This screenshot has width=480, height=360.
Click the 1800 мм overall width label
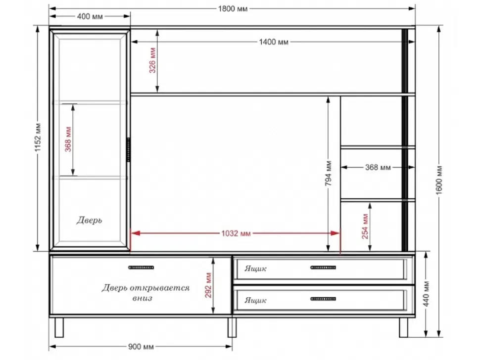pos(233,8)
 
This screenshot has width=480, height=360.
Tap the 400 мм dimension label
pos(90,16)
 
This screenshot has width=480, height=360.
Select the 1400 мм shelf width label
pos(274,42)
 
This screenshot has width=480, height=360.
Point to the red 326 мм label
pos(152,60)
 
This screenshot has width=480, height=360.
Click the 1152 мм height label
pos(38,137)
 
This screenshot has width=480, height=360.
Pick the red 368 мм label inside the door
pos(68,139)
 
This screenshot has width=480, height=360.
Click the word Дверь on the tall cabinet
pos(89,220)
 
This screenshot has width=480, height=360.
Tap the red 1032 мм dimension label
pos(236,233)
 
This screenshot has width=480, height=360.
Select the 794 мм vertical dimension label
pos(328,174)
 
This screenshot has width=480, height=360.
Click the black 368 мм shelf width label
pos(378,167)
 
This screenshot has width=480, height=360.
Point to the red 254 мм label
pos(365,226)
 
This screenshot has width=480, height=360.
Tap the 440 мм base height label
pos(427,294)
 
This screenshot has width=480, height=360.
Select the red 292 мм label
pos(208,285)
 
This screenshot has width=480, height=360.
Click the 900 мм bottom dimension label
pos(141,347)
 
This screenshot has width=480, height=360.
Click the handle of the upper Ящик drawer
pos(323,268)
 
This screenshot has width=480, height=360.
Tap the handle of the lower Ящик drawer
pos(323,299)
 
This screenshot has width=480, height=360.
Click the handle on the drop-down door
pos(141,268)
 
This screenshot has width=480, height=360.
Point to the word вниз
pos(143,298)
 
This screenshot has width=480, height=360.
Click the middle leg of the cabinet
pos(232,327)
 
